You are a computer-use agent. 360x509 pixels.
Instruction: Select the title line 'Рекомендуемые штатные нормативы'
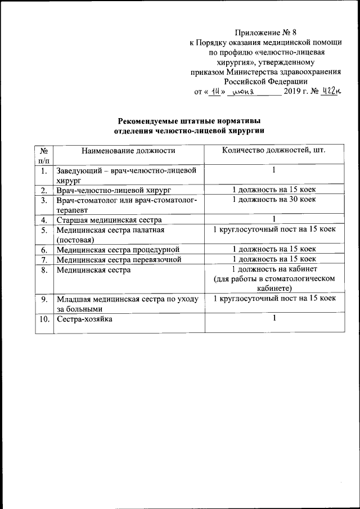(x=188, y=120)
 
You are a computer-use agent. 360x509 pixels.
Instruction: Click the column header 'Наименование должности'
(x=128, y=150)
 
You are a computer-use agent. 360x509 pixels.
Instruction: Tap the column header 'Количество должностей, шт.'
(x=273, y=150)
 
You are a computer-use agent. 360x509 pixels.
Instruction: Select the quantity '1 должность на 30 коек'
(x=274, y=200)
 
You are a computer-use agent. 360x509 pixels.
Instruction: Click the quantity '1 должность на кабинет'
(x=274, y=269)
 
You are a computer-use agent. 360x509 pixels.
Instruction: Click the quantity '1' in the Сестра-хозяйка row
(x=274, y=319)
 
